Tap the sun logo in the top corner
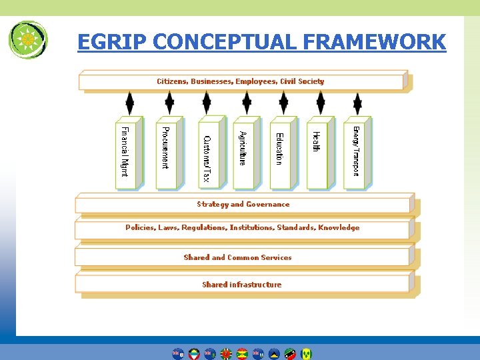(x=28, y=39)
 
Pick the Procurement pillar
(x=165, y=152)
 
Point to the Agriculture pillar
(x=244, y=152)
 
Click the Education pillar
(x=280, y=152)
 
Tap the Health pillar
(x=317, y=152)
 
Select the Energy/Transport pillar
(x=355, y=152)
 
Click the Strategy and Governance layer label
(x=243, y=205)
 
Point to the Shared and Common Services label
(x=238, y=257)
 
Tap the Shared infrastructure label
(x=242, y=285)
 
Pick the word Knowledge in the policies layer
(x=339, y=227)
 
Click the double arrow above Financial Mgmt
(x=129, y=103)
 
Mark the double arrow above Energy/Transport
(x=358, y=103)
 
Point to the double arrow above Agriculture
(x=247, y=103)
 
